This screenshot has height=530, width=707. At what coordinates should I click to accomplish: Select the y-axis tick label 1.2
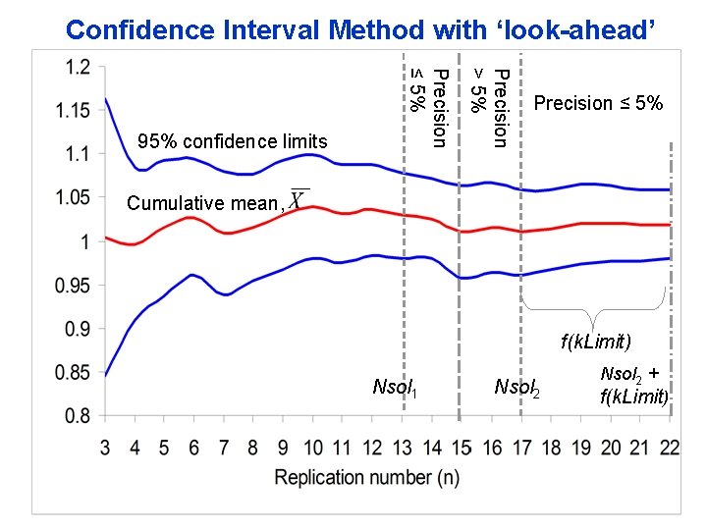point(78,67)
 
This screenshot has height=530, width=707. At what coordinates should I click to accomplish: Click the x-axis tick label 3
point(105,448)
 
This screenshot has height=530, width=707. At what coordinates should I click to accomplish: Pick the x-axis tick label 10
point(313,448)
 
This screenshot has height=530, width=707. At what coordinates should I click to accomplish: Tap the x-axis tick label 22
point(670,448)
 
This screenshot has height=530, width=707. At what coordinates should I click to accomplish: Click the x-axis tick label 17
point(521,448)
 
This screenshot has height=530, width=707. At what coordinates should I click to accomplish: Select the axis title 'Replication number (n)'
point(367,477)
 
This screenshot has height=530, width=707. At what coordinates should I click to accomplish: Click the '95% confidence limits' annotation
point(233,142)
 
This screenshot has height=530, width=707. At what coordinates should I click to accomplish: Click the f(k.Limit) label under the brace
point(596,342)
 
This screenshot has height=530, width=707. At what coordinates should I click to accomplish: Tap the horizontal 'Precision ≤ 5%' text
point(598,103)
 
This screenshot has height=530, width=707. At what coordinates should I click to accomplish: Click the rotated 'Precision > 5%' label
point(488,107)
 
